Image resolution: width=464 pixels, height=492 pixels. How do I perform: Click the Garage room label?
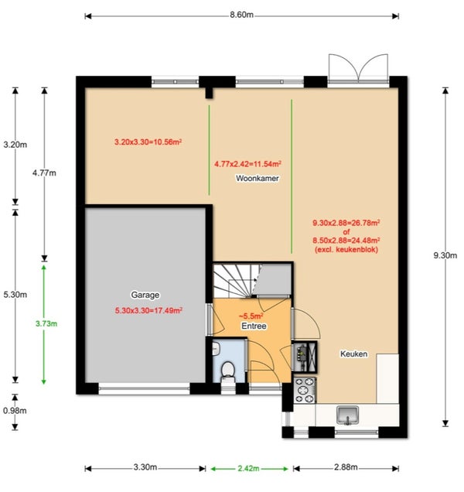[145, 295]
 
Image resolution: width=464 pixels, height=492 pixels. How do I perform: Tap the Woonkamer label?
[258, 178]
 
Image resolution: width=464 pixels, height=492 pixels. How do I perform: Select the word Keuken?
[354, 354]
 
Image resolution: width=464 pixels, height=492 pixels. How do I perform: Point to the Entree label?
[254, 326]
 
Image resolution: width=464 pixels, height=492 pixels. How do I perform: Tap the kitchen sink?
[347, 415]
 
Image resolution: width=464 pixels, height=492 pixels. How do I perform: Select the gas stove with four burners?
[305, 390]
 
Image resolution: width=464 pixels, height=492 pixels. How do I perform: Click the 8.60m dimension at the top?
[241, 15]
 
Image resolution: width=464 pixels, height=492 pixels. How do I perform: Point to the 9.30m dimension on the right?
[445, 255]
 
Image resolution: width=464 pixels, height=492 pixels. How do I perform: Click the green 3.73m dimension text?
[46, 323]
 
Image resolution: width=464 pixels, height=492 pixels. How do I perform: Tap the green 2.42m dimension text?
[248, 469]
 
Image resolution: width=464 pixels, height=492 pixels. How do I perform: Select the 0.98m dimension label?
[15, 411]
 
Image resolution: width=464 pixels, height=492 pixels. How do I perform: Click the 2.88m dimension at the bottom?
[346, 467]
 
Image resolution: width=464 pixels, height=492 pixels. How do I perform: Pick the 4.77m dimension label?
[44, 173]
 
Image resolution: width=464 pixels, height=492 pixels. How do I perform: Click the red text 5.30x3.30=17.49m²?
[148, 310]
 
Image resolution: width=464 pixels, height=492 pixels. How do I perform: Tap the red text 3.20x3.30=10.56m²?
[148, 142]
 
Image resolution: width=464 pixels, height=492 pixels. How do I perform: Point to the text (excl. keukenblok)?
[346, 249]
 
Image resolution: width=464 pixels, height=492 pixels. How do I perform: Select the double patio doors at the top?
[358, 68]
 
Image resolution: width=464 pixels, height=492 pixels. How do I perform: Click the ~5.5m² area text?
[251, 316]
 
